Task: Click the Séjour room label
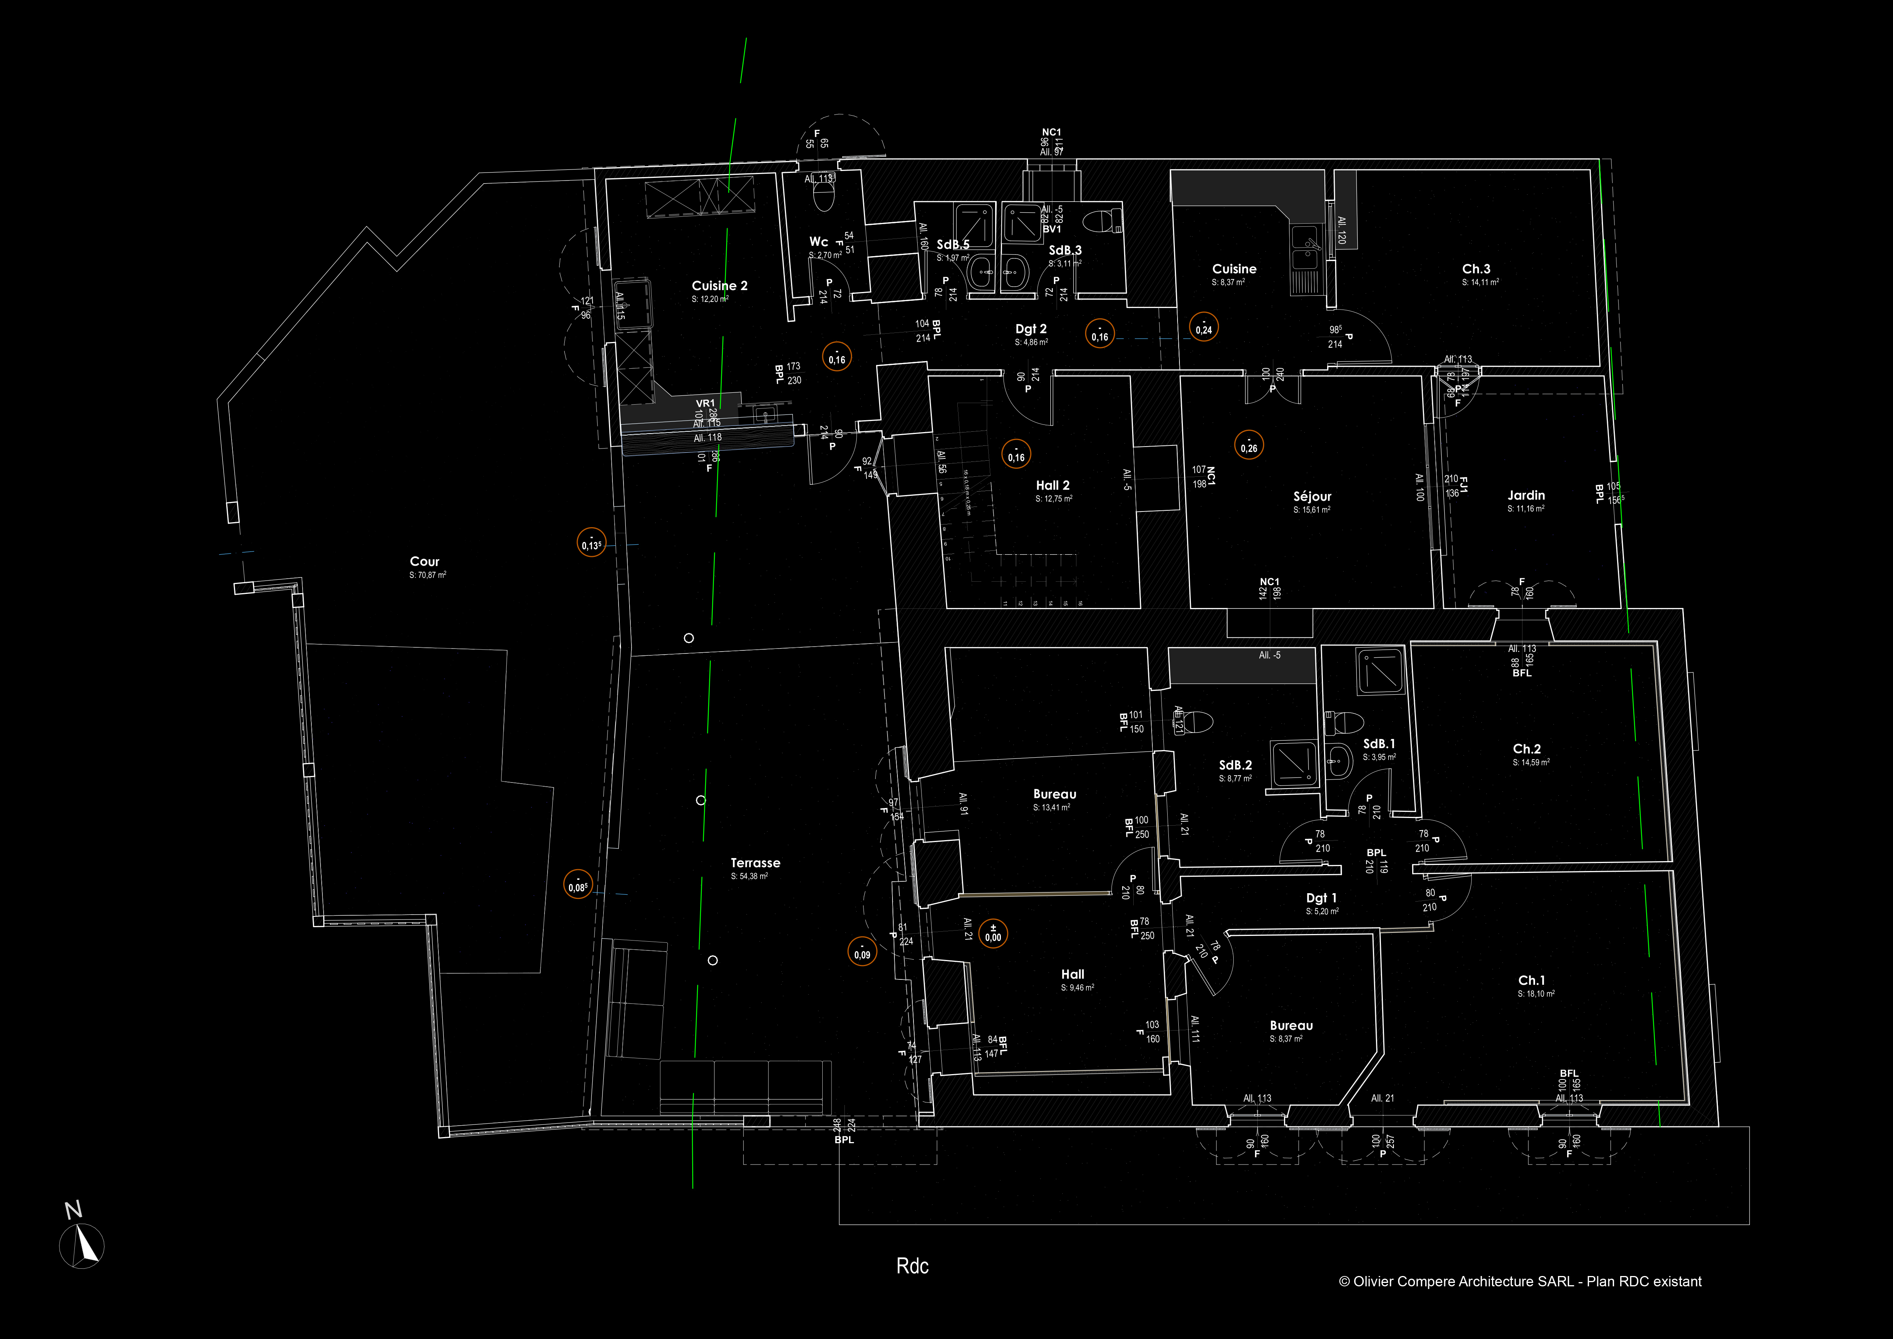coord(1312,496)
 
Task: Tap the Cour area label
coord(425,561)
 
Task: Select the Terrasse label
coord(755,863)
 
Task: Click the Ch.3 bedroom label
coord(1476,269)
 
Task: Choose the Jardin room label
coord(1526,495)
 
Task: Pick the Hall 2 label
coord(1053,486)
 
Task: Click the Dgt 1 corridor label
coord(1322,898)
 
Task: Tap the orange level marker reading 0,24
coord(1204,328)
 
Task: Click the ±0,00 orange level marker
coord(993,934)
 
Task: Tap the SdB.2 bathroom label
coord(1235,765)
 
